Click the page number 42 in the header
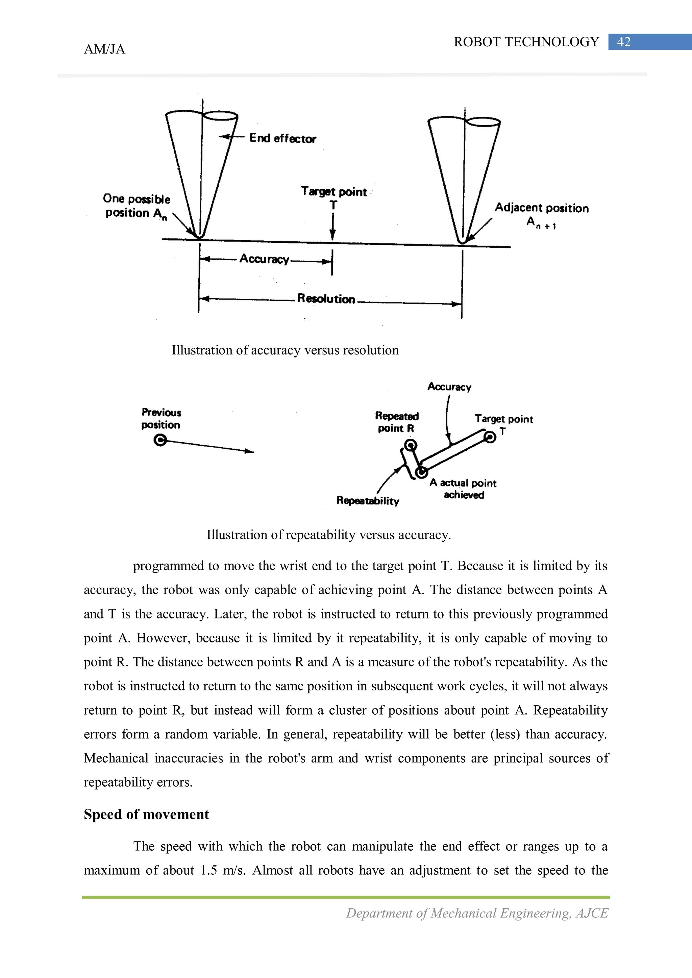[x=623, y=42]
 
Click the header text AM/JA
[x=104, y=49]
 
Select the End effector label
[x=283, y=138]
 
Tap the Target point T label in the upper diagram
[x=334, y=197]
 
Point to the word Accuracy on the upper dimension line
[x=264, y=259]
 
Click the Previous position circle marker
[x=160, y=440]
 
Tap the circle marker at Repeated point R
[x=410, y=446]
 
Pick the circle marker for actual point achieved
[x=422, y=472]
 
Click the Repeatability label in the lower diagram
[x=368, y=501]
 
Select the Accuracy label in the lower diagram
[x=449, y=387]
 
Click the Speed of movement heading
[x=146, y=814]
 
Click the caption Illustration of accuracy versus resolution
[x=285, y=350]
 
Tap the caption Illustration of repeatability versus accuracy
[x=328, y=535]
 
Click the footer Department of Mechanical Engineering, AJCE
[x=477, y=913]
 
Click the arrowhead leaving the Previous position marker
[x=250, y=451]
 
